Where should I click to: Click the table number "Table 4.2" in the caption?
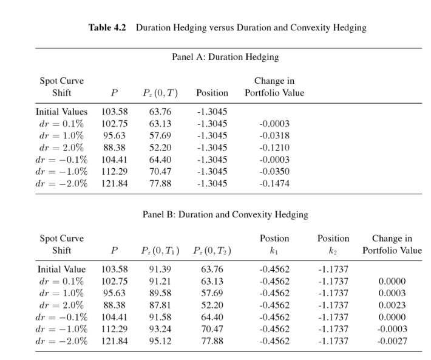coord(108,28)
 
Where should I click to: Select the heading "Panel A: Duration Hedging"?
coord(225,57)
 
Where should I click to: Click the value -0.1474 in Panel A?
coord(274,183)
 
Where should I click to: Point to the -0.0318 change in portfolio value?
coord(274,135)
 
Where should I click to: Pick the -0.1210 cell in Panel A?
coord(274,148)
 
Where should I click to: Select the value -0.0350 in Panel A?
coord(274,171)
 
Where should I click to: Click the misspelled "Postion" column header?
coord(274,239)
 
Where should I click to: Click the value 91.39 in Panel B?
coord(160,269)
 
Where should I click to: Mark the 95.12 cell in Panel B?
coord(160,341)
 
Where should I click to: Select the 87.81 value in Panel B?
coord(160,305)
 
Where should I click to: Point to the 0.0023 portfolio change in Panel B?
coord(392,305)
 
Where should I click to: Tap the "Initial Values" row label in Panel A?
coord(61,112)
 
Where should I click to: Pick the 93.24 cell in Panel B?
coord(160,328)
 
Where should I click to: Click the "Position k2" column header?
coord(333,244)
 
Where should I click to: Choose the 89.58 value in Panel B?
coord(160,293)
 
